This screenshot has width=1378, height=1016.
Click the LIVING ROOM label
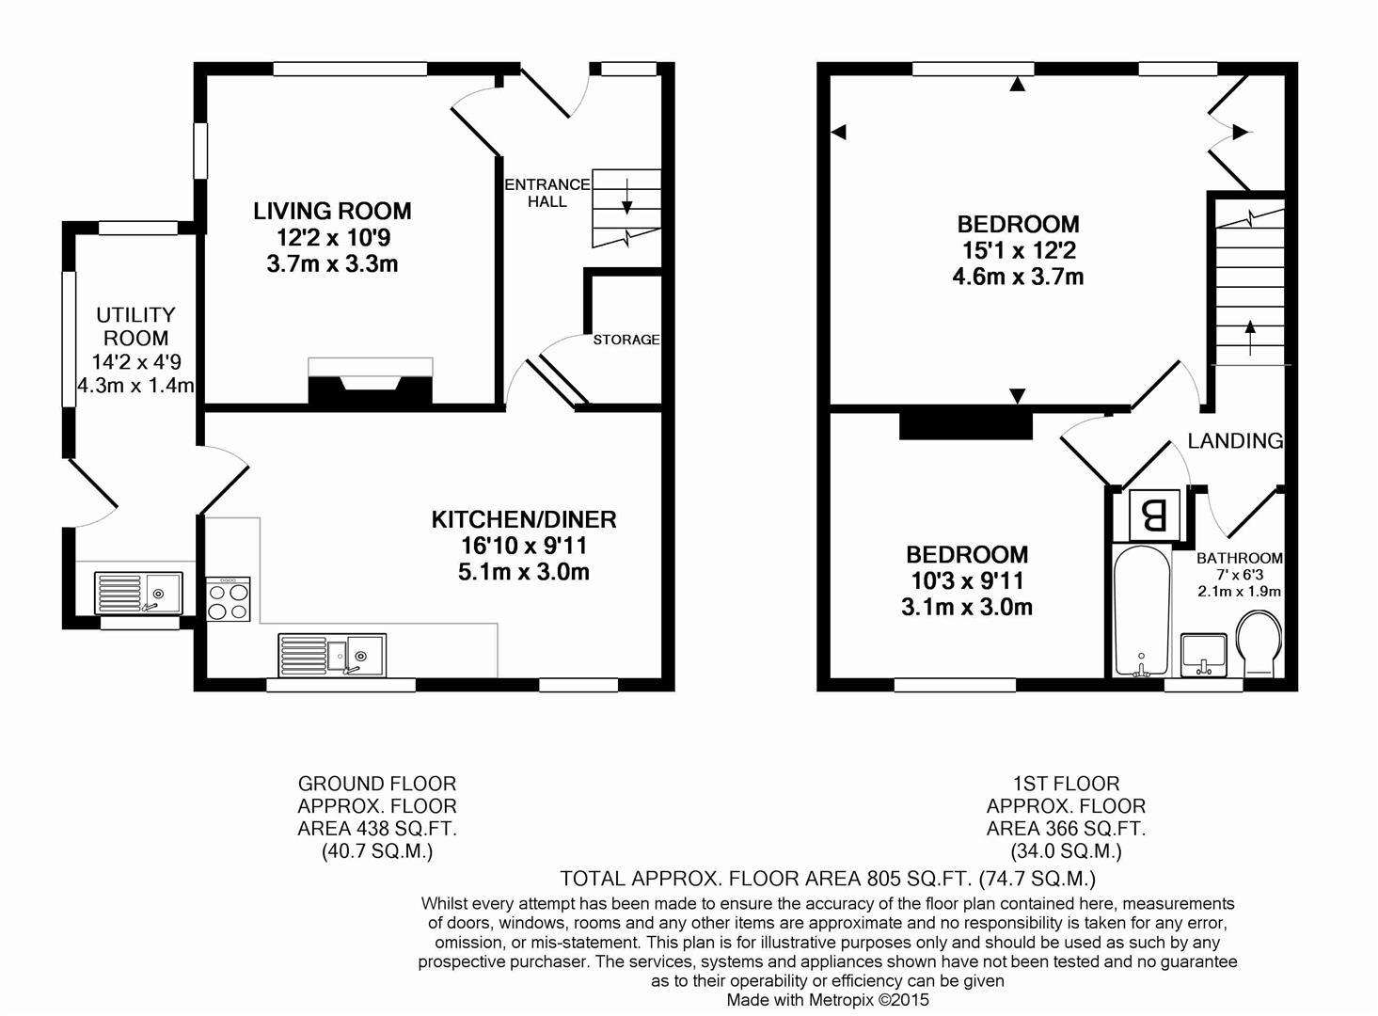(x=332, y=211)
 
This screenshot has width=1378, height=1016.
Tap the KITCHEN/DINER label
(x=524, y=519)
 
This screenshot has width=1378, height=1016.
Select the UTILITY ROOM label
(x=136, y=326)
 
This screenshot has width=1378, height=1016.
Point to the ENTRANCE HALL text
(x=546, y=193)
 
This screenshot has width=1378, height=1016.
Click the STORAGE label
(x=626, y=340)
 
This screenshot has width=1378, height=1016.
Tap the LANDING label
(x=1235, y=440)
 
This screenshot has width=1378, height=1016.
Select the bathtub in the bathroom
(x=1142, y=611)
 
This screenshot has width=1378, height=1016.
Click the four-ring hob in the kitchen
(x=229, y=598)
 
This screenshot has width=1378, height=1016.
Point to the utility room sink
(x=138, y=593)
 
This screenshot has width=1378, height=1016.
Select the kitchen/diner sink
(x=332, y=656)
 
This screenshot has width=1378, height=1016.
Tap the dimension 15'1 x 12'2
(x=1018, y=250)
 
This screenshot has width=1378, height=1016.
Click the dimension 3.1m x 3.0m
(x=966, y=608)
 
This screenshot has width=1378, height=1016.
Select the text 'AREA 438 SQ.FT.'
(x=377, y=829)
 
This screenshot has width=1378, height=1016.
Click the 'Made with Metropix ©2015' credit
(x=828, y=1000)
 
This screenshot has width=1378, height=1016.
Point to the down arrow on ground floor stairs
(x=626, y=197)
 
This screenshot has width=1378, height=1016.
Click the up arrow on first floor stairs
(x=1250, y=338)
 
